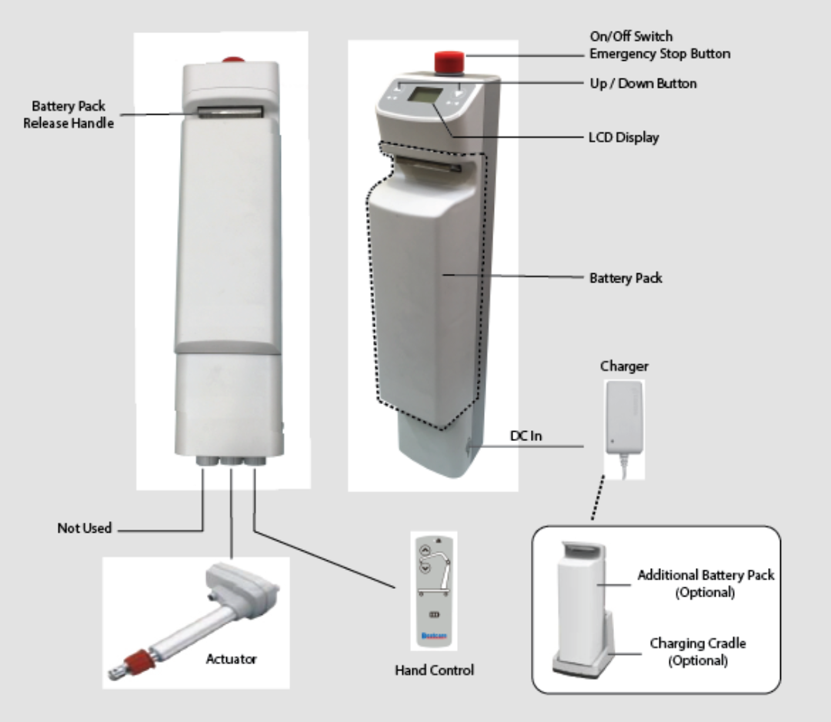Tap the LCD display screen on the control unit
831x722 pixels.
(x=424, y=99)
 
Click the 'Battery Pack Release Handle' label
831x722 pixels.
(x=68, y=114)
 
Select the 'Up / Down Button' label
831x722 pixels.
(x=642, y=82)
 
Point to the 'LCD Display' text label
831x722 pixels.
(x=623, y=139)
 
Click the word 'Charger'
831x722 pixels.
(x=624, y=366)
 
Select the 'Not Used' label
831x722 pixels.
(x=85, y=528)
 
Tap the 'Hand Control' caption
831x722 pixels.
(x=434, y=670)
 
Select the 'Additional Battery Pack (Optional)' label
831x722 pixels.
(x=706, y=584)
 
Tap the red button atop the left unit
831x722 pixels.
(x=229, y=59)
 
